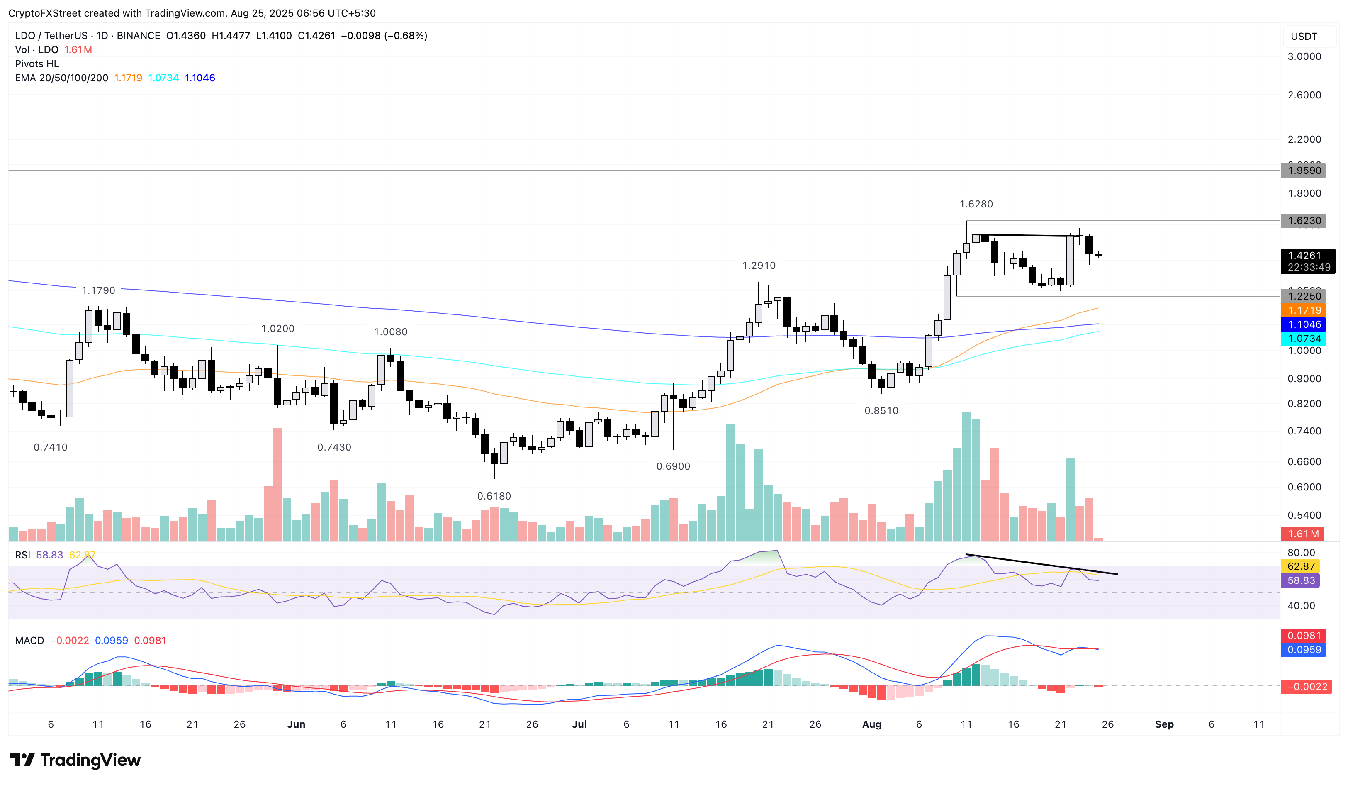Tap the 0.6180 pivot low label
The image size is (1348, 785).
pos(494,496)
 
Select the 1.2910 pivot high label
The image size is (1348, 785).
pos(759,266)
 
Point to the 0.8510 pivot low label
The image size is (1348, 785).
pos(881,410)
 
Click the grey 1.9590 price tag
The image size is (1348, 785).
pos(1303,170)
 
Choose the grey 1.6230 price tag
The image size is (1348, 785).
pos(1303,220)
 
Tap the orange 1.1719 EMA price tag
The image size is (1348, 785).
pos(1303,310)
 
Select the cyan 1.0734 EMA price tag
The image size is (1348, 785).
pos(1303,338)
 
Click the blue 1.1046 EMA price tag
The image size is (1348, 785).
pos(1303,324)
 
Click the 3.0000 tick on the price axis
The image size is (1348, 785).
pos(1304,56)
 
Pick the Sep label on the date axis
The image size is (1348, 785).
pos(1164,724)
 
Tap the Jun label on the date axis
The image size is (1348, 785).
pos(296,724)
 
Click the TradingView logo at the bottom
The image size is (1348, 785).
pos(75,760)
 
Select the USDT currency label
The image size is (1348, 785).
pos(1304,37)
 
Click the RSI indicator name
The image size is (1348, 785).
pos(22,555)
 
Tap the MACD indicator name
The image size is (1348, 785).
pos(29,641)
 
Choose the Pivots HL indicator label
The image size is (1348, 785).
pos(37,63)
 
